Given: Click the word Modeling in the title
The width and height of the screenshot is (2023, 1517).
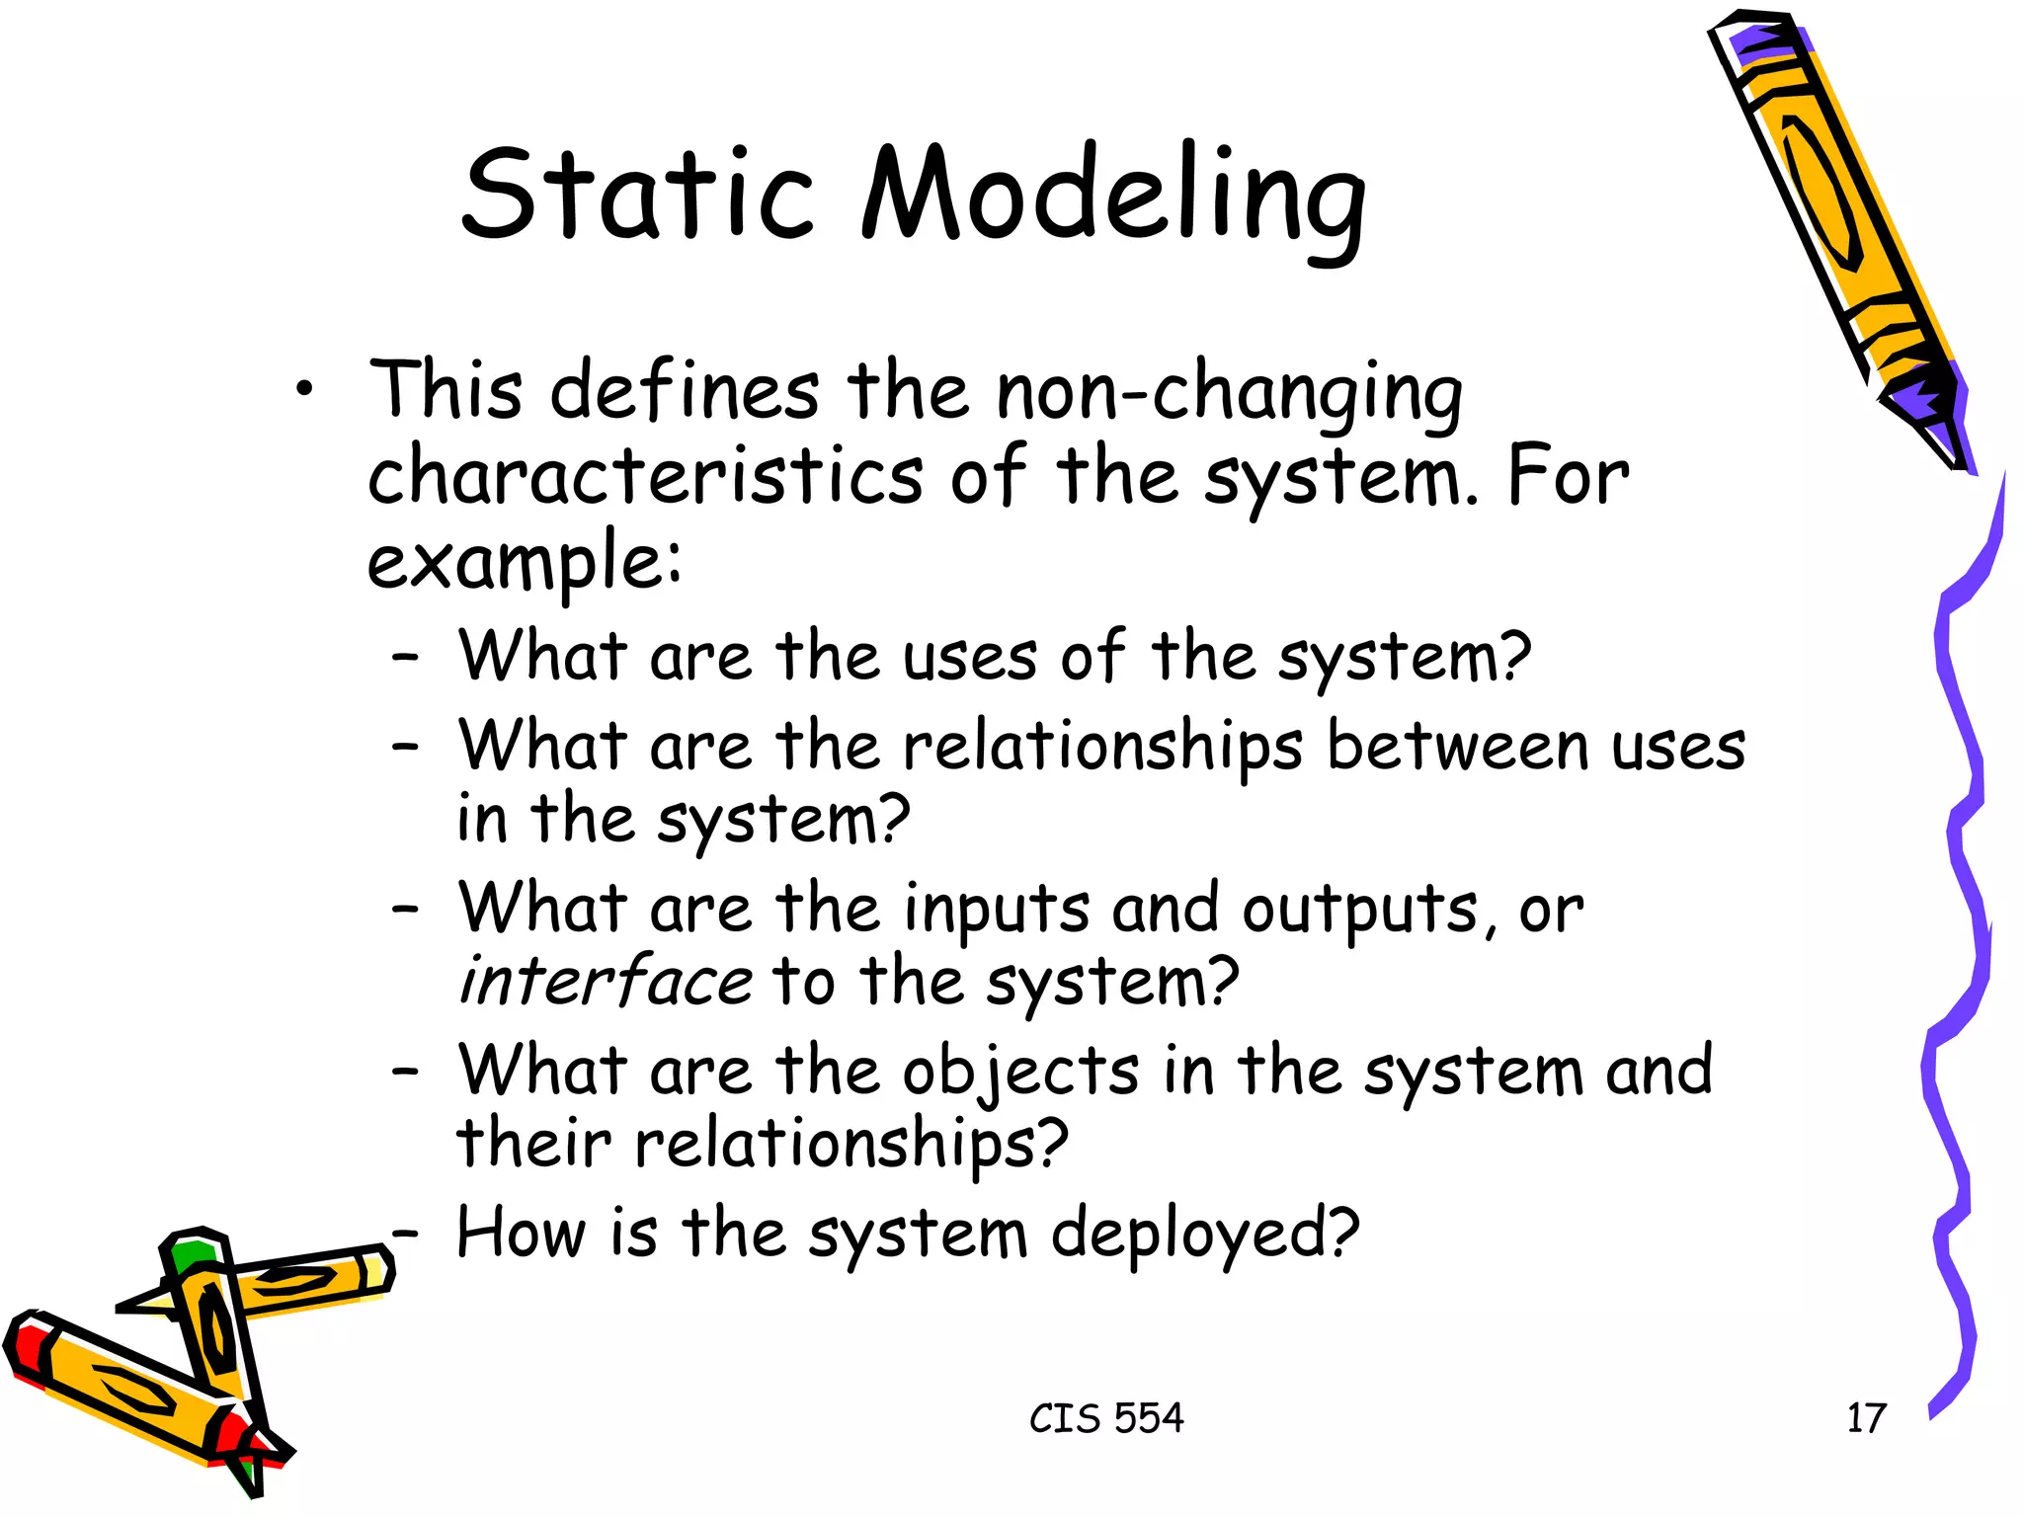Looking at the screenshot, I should tap(1113, 198).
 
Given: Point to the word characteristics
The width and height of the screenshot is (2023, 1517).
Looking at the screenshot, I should tap(646, 477).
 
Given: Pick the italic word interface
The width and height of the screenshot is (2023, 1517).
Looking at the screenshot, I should tap(606, 982).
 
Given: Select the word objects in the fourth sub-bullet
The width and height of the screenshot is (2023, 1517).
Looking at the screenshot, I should tap(1021, 1073).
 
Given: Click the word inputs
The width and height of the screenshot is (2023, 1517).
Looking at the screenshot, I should tap(997, 910).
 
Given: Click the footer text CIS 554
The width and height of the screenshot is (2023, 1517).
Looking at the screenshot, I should tap(1105, 1418).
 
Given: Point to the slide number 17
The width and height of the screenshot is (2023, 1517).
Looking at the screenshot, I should tap(1866, 1418).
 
